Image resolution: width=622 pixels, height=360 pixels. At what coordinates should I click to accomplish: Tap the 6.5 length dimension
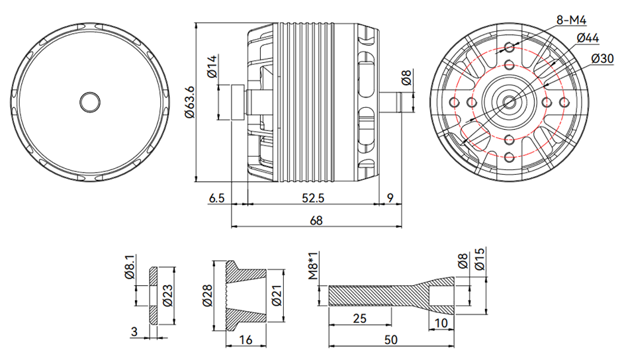(217, 198)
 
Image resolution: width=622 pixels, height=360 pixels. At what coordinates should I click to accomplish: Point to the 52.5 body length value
(312, 198)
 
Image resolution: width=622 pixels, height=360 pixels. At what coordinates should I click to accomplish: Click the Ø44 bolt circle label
(587, 38)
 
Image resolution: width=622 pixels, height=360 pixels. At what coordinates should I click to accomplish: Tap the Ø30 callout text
(603, 59)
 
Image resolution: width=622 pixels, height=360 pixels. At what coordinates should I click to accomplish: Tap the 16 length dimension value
(245, 340)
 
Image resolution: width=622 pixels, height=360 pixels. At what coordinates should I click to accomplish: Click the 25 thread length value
(359, 320)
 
